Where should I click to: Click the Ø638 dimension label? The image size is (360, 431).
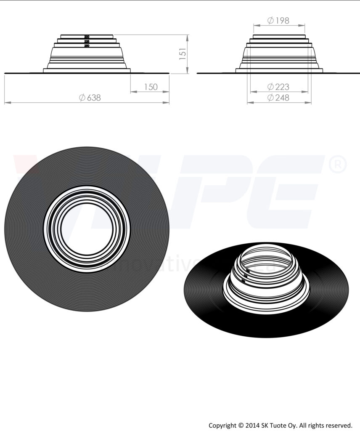[x=90, y=98]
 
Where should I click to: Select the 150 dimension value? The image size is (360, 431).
[x=150, y=87]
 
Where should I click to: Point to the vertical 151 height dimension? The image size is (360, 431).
[x=183, y=54]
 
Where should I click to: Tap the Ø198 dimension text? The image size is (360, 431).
[x=278, y=20]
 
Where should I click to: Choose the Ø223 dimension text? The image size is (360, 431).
[x=278, y=87]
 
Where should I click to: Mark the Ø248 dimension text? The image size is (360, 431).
[x=278, y=98]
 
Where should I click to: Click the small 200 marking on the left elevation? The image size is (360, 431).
[x=87, y=37]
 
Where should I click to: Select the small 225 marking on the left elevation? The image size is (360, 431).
[x=87, y=41]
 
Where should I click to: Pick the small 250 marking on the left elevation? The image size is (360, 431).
[x=87, y=45]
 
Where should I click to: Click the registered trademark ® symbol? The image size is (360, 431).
[x=337, y=165]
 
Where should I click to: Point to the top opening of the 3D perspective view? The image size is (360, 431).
[x=266, y=257]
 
